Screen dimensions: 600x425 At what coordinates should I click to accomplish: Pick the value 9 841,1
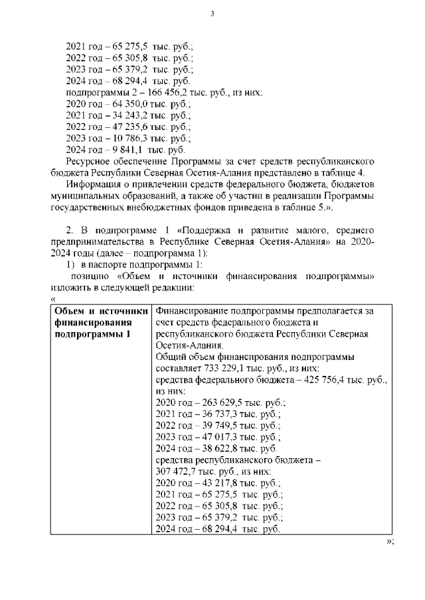pos(112,150)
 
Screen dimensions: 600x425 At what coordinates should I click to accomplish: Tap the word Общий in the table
pos(171,356)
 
